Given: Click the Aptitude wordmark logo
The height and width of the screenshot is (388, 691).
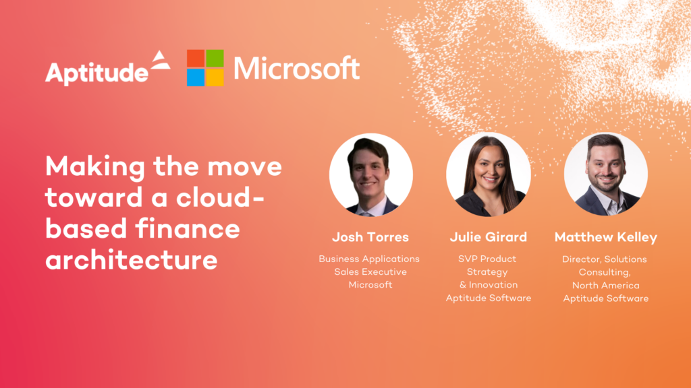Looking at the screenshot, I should point(96,72).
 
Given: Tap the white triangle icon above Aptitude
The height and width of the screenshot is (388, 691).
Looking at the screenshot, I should point(159,61).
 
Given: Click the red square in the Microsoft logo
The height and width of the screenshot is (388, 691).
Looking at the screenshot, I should point(195,58).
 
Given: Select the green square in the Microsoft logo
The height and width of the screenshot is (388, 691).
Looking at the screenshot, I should point(215,58).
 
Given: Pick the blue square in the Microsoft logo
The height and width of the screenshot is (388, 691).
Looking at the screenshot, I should point(195,77).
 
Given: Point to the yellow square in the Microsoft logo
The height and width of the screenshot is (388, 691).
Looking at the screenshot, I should point(215,77).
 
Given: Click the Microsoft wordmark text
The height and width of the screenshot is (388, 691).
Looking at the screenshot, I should point(296,68).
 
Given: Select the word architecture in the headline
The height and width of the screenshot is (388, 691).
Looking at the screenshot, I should point(132,260).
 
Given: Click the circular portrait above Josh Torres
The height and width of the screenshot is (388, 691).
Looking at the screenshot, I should point(370,174).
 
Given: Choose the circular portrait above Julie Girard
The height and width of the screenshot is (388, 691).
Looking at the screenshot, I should point(488,174).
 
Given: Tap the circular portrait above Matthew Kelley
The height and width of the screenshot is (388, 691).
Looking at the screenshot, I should point(605,174).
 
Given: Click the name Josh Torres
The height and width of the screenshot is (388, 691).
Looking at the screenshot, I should point(370,237).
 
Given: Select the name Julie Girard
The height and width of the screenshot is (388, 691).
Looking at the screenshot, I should point(488,237).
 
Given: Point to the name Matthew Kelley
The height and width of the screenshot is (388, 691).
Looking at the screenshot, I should point(605,237).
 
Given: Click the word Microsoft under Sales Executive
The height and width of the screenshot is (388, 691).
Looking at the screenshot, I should point(370,284).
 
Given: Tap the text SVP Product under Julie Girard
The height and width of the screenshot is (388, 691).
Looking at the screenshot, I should point(488,259).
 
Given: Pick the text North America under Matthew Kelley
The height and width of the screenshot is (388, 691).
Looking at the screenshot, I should point(605,284).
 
